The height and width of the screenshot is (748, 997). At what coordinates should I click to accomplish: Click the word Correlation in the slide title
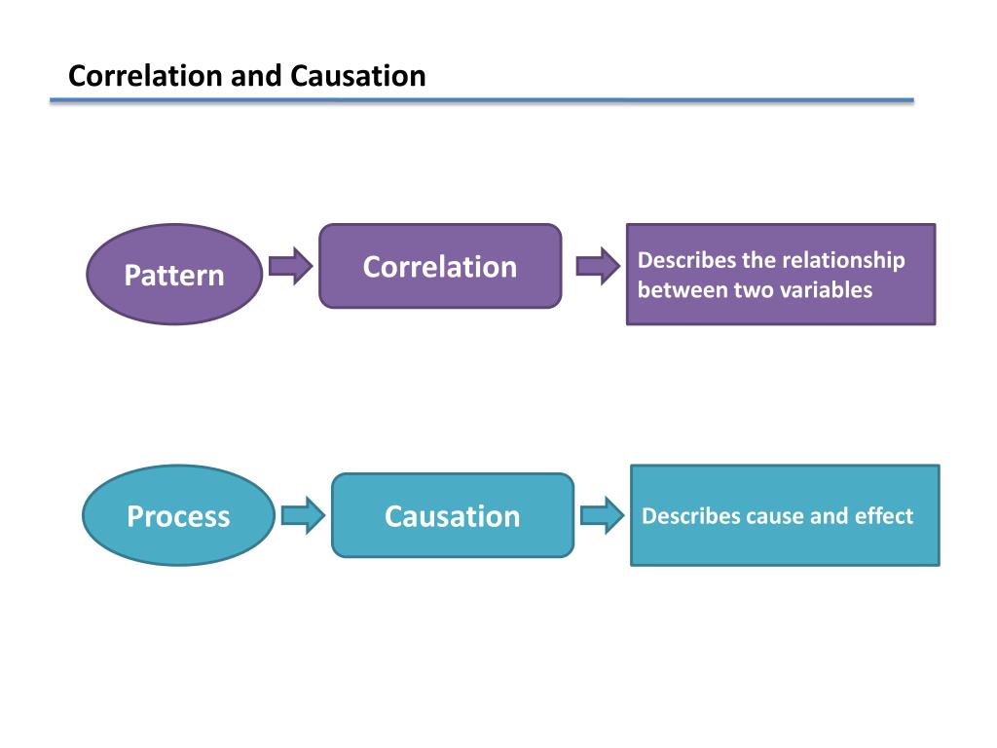pos(146,76)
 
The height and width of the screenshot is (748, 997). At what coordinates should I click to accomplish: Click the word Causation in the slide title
pos(358,76)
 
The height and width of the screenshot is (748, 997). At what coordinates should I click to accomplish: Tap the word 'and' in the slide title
pos(257,76)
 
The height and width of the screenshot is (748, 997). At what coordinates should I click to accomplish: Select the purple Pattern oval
pos(174,274)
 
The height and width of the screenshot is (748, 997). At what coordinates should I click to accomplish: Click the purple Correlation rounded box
pos(440,266)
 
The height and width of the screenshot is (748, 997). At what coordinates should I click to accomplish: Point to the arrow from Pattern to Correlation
pos(290,266)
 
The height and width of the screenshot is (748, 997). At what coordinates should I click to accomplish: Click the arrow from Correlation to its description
pos(598,266)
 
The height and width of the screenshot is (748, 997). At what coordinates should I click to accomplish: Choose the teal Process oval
pos(179,515)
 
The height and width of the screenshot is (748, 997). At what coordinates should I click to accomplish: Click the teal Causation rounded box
pos(453,515)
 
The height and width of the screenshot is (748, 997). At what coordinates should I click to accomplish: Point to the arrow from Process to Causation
pos(304,515)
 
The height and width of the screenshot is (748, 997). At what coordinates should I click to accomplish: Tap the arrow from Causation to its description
pos(603,515)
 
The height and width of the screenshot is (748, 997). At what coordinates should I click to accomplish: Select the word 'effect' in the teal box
pos(884,516)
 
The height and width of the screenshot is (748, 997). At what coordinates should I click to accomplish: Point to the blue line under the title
pos(482,100)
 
